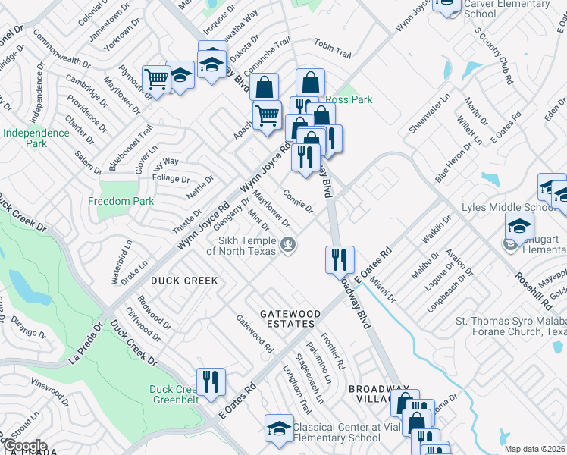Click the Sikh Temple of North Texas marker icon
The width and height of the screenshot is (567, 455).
(x=287, y=244)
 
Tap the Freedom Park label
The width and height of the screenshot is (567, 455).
(x=121, y=201)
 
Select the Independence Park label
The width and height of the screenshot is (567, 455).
(x=36, y=138)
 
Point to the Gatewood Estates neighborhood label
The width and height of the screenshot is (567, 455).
(x=287, y=318)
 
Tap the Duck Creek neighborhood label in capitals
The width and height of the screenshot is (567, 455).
(x=184, y=281)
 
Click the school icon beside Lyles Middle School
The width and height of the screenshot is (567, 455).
(x=519, y=225)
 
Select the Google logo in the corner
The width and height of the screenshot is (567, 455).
(x=24, y=445)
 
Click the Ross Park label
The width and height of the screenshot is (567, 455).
(x=349, y=99)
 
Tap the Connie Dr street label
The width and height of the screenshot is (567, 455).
(x=298, y=201)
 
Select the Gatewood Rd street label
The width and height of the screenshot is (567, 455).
(x=255, y=334)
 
